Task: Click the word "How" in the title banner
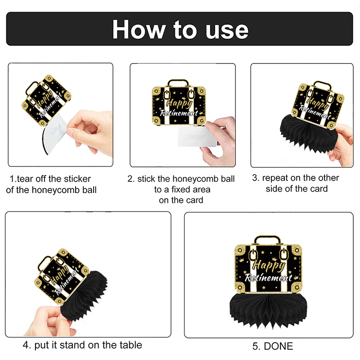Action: click(139, 29)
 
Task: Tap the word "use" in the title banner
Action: click(227, 31)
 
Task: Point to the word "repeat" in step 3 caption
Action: click(275, 178)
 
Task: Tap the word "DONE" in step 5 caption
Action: click(279, 346)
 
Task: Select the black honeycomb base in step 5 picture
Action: click(268, 310)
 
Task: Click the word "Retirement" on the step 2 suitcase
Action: click(179, 113)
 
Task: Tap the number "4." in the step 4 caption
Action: click(27, 345)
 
